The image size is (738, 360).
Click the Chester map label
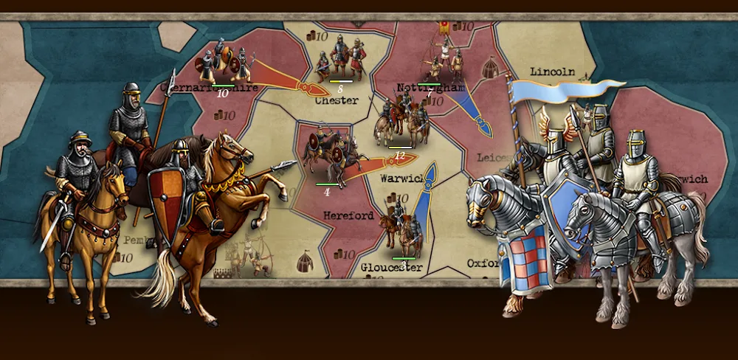[337, 100]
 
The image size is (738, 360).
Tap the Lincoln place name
[552, 72]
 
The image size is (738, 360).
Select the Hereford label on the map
[348, 216]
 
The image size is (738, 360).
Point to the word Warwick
[401, 179]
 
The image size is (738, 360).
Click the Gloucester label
[391, 267]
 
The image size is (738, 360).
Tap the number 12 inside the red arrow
[399, 156]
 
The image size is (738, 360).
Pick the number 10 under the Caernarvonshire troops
[222, 94]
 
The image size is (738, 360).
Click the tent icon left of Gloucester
[303, 260]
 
